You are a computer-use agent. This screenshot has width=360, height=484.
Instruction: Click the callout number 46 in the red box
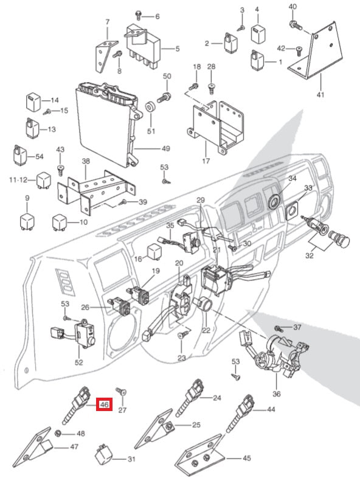click(104, 404)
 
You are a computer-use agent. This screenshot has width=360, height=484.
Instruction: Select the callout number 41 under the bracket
click(320, 95)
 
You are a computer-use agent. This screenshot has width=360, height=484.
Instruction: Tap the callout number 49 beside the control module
click(165, 148)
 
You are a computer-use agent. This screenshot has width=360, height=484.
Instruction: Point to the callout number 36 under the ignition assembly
click(277, 394)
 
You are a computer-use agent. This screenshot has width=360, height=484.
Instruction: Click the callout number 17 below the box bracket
click(205, 161)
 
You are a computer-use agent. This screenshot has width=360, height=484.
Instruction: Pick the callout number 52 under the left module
click(78, 362)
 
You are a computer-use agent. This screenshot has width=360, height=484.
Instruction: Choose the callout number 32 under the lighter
click(310, 257)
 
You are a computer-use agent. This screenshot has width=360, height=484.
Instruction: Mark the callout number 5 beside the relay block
click(177, 49)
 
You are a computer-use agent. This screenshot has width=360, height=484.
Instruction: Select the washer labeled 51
click(150, 110)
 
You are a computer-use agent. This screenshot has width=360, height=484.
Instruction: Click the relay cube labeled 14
click(32, 100)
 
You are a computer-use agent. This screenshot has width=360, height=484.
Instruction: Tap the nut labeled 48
click(58, 434)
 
